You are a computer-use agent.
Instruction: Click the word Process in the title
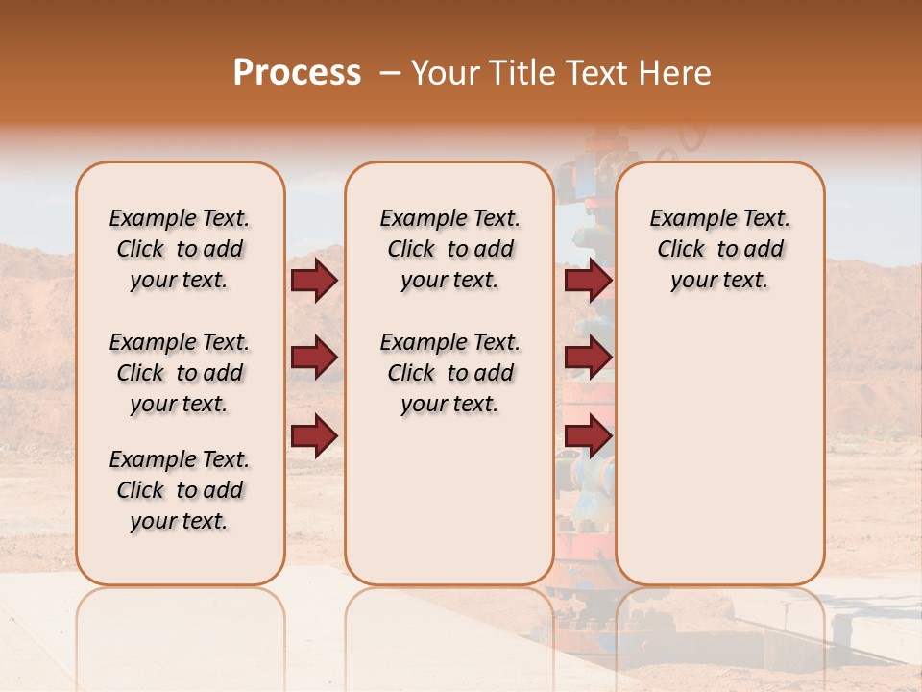point(297,73)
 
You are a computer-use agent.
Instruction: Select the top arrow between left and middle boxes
point(314,281)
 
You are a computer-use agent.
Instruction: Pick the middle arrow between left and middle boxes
point(314,358)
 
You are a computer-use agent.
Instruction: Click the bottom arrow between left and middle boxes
point(314,434)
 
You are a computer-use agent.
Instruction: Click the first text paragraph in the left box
point(180,249)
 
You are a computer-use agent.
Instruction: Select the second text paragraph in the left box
point(180,373)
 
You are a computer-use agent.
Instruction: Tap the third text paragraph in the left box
point(180,490)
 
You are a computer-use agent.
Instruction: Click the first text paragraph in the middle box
point(449,249)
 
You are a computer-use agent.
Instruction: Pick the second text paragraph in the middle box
point(449,373)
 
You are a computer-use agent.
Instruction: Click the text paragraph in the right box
point(719,249)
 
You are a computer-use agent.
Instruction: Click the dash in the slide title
point(390,73)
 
